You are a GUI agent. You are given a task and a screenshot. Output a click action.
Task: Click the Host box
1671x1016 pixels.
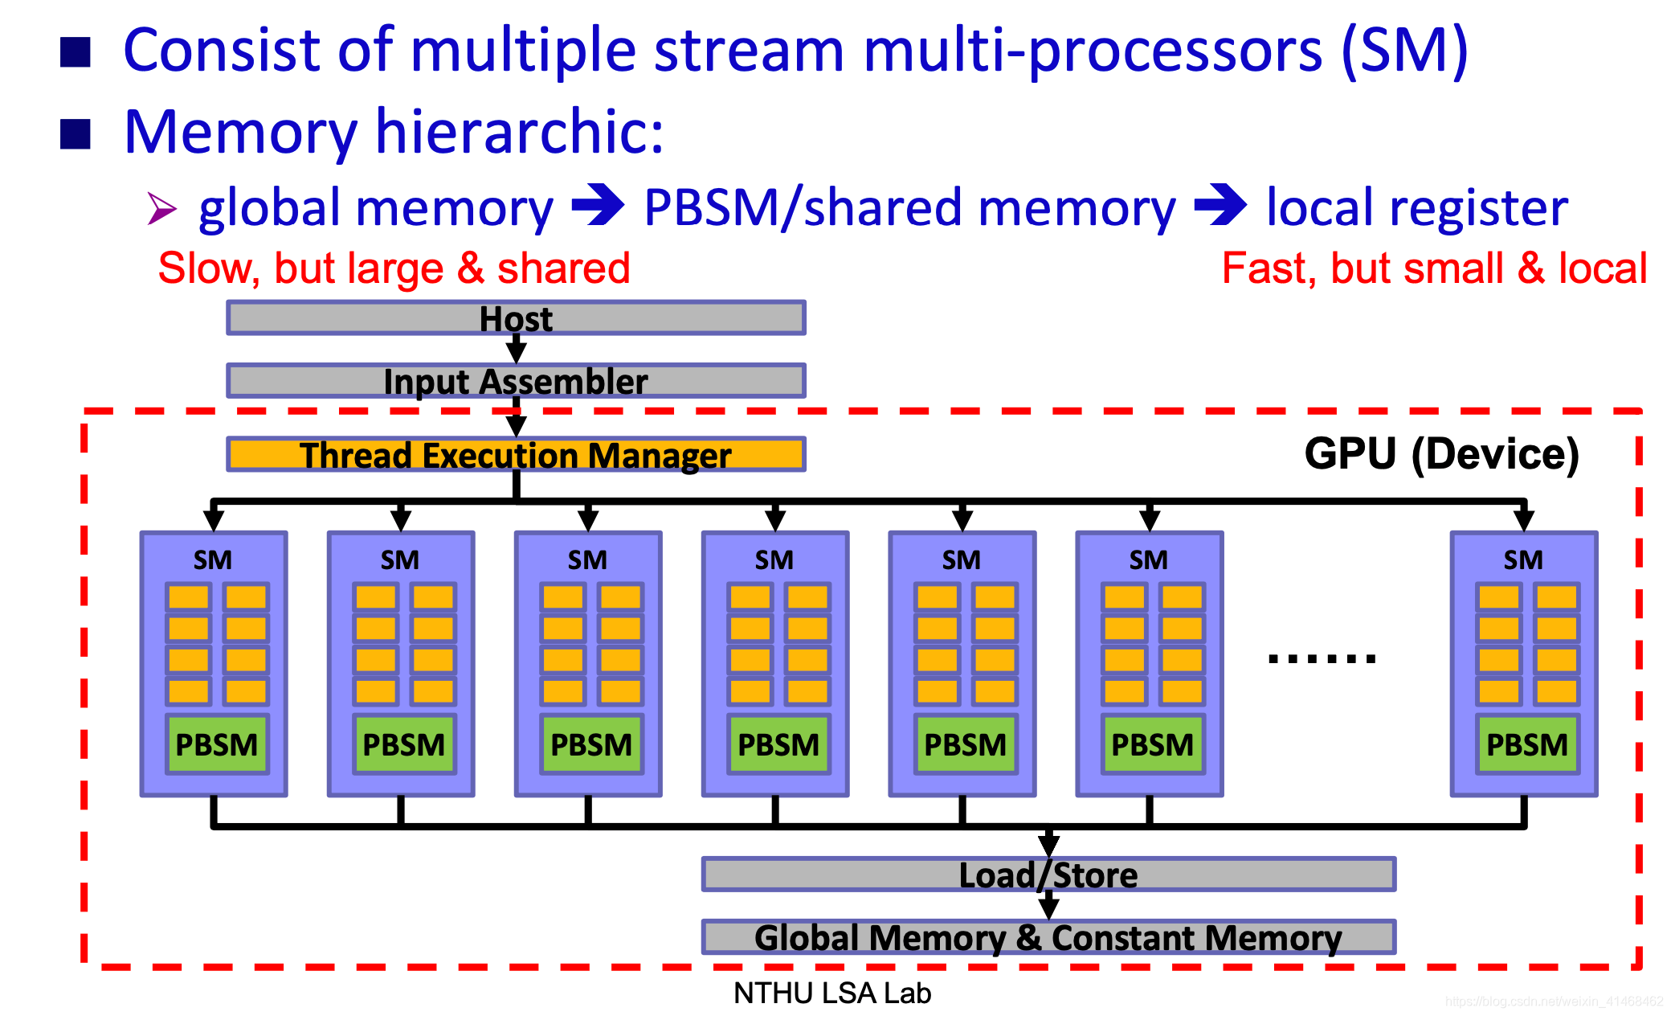pyautogui.click(x=516, y=317)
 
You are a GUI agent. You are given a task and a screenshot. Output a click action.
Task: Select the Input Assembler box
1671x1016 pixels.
pyautogui.click(x=516, y=380)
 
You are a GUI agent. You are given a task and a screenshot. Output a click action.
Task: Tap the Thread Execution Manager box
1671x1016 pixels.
pyautogui.click(x=516, y=454)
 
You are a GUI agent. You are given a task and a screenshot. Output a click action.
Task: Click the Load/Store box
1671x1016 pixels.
pyautogui.click(x=1048, y=874)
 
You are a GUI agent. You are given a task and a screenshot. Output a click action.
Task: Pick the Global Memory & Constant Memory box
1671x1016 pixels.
pyautogui.click(x=1048, y=937)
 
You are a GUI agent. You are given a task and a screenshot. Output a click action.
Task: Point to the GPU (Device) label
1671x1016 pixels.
pyautogui.click(x=1441, y=455)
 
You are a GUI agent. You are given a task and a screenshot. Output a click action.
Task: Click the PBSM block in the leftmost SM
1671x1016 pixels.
pyautogui.click(x=217, y=744)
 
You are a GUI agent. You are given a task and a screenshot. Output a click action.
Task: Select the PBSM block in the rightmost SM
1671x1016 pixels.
pyautogui.click(x=1527, y=744)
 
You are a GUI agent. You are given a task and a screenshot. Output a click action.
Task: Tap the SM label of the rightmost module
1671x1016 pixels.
pyautogui.click(x=1523, y=559)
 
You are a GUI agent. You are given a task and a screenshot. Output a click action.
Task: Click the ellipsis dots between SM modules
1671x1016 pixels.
pyautogui.click(x=1322, y=659)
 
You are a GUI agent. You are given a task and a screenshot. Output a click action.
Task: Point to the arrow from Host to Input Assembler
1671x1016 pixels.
pyautogui.click(x=516, y=349)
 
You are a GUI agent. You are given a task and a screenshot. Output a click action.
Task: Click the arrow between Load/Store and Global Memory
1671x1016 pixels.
pyautogui.click(x=1048, y=906)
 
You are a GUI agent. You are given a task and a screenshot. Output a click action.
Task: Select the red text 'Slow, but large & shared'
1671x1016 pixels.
pyautogui.click(x=394, y=268)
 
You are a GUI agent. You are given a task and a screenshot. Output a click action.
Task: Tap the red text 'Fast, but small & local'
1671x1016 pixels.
pyautogui.click(x=1434, y=268)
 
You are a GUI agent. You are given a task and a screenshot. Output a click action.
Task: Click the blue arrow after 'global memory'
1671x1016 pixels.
pyautogui.click(x=598, y=206)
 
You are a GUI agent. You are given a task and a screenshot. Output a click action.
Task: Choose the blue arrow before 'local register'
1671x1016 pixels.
pyautogui.click(x=1220, y=206)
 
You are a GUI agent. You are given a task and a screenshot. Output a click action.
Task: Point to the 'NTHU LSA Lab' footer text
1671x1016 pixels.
pyautogui.click(x=832, y=993)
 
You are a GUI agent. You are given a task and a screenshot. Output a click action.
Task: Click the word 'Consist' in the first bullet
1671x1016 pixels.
pyautogui.click(x=221, y=50)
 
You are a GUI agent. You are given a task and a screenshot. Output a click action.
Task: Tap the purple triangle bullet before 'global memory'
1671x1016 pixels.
pyautogui.click(x=162, y=208)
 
